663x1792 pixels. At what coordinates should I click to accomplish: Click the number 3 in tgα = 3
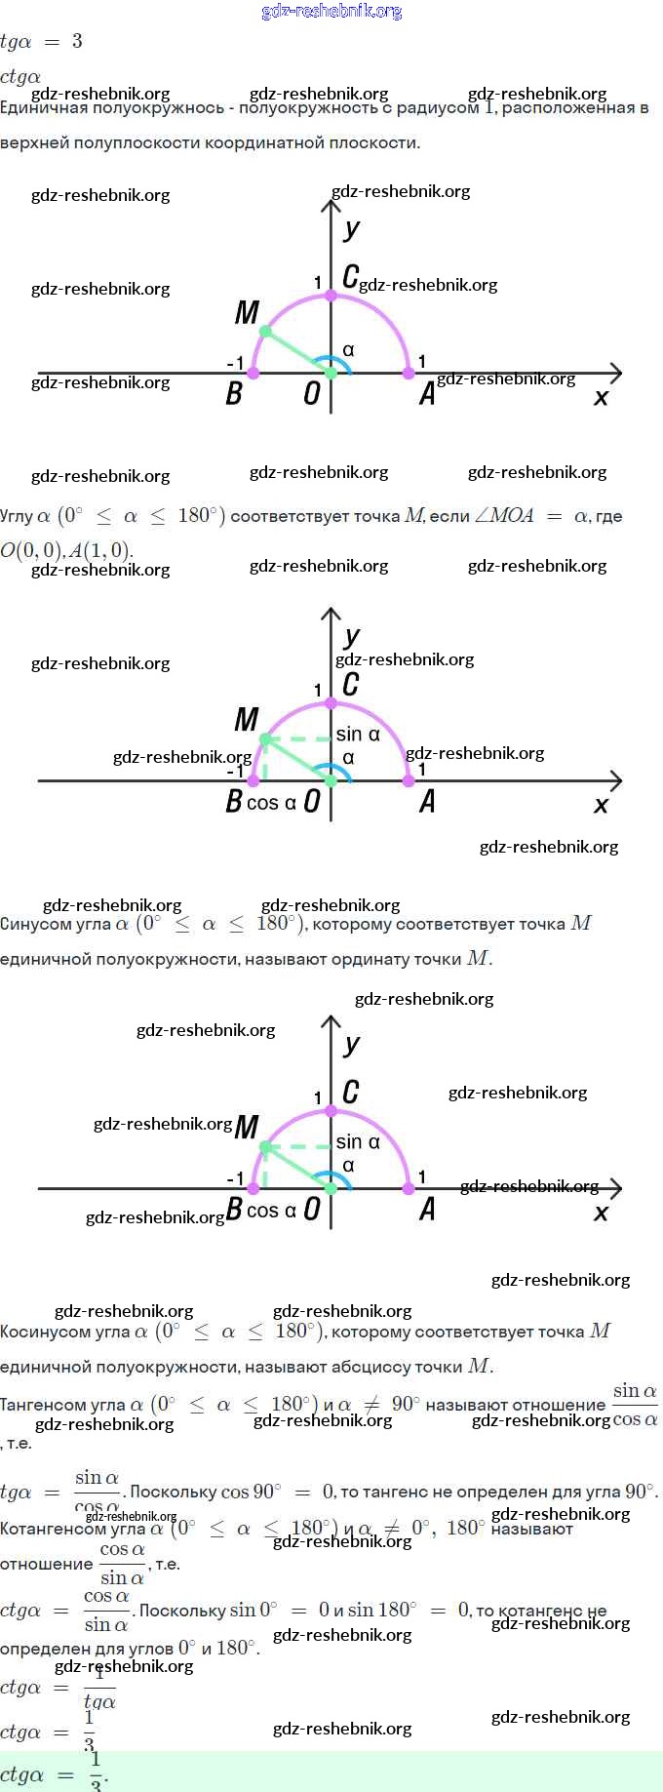point(77,41)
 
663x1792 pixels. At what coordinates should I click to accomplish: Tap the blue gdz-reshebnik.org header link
point(331,11)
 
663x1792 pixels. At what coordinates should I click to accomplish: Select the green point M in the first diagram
point(265,332)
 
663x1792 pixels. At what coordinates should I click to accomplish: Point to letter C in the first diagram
point(350,277)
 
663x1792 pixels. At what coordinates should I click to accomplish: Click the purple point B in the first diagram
point(253,373)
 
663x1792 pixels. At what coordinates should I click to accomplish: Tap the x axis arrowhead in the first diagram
point(615,373)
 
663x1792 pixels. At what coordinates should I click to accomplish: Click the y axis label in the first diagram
point(352,229)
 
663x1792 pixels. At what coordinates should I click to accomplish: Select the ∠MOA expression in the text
point(504,516)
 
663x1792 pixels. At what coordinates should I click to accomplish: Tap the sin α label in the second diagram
point(358,735)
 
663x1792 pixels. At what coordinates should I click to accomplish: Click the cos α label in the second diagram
point(271,803)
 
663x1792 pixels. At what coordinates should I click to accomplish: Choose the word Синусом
point(36,924)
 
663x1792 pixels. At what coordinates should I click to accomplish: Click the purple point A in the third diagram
point(409,1188)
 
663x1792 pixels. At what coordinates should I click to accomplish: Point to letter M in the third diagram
point(247,1129)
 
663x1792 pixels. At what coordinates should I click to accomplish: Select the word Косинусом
point(46,1332)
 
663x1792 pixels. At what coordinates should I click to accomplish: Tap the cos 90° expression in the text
point(251,1493)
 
